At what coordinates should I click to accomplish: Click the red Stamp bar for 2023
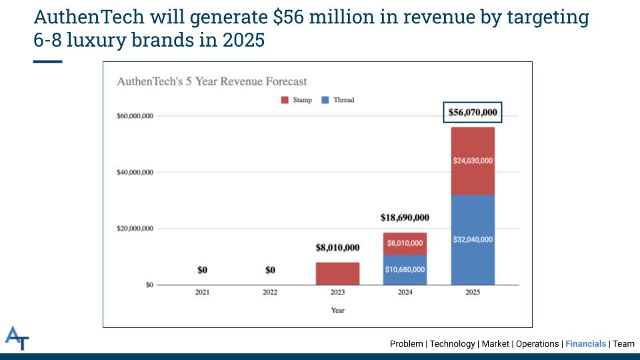[337, 274]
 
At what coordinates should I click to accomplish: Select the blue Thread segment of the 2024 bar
[405, 269]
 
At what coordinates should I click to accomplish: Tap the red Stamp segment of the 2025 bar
[473, 161]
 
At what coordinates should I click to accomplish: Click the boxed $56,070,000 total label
[473, 112]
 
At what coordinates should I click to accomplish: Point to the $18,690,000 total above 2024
[405, 217]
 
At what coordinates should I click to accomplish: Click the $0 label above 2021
[203, 270]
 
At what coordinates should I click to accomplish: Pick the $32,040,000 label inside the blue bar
[473, 239]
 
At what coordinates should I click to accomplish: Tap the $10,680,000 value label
[405, 269]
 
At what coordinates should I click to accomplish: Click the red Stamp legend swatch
[285, 101]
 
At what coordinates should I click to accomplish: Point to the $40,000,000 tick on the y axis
[135, 172]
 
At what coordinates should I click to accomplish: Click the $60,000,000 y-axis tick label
[135, 116]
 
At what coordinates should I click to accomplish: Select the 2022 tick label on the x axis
[270, 292]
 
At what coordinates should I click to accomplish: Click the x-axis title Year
[337, 310]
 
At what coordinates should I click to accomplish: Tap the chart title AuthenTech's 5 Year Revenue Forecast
[212, 81]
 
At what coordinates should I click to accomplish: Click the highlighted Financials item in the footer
[585, 344]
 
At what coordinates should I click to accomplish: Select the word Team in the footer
[624, 344]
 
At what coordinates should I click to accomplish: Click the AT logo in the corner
[17, 338]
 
